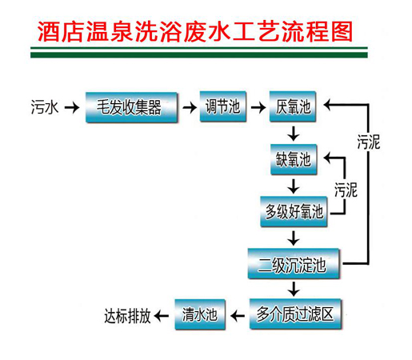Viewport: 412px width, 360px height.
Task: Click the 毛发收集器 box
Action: [x=131, y=107]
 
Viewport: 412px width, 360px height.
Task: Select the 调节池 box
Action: [x=223, y=106]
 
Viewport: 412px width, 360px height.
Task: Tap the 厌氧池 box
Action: [x=293, y=106]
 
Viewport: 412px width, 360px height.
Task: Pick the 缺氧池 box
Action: [x=294, y=159]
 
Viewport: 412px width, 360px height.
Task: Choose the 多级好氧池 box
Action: [x=294, y=212]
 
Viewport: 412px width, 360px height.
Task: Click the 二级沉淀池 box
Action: [x=294, y=264]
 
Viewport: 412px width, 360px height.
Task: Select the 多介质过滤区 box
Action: [x=295, y=314]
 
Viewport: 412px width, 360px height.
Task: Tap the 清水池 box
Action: [x=200, y=314]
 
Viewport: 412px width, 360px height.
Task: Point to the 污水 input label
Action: [x=45, y=107]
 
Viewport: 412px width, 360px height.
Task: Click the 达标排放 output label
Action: [x=127, y=316]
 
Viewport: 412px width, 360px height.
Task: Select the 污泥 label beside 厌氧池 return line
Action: [x=369, y=142]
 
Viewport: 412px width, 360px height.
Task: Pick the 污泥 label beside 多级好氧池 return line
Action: [x=346, y=190]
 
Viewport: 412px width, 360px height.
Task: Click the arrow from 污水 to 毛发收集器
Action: [x=72, y=108]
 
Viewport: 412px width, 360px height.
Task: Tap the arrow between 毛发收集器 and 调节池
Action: [x=190, y=107]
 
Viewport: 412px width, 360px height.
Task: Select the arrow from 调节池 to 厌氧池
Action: [x=258, y=107]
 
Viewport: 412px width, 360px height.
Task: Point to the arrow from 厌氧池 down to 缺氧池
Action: [x=294, y=134]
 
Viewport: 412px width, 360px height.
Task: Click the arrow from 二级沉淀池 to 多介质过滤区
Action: [x=294, y=289]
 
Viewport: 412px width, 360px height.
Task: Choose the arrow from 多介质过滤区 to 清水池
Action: [x=238, y=316]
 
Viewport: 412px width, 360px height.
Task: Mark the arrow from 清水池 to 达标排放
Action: [x=162, y=316]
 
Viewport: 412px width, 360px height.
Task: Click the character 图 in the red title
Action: [x=342, y=31]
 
